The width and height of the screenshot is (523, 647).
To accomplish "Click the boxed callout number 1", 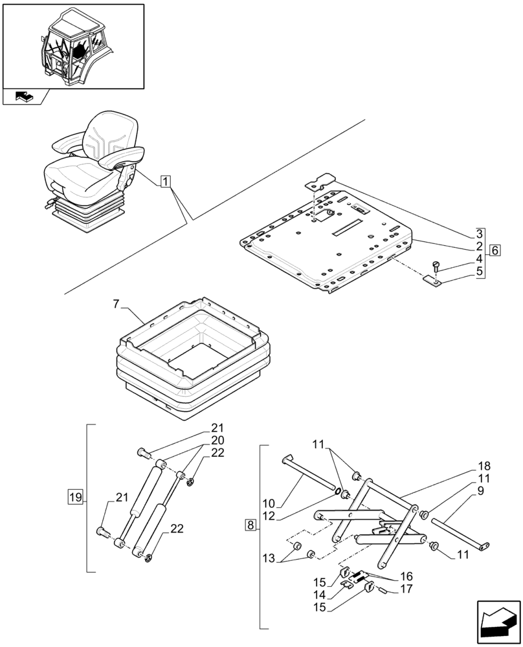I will click(x=166, y=181).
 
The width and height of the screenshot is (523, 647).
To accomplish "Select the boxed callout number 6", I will click(x=495, y=250).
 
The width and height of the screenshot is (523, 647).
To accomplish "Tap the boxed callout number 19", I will click(x=75, y=497).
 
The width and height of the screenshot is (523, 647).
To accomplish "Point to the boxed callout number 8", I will click(x=250, y=525).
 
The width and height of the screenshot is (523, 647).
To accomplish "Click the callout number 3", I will click(x=479, y=234).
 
